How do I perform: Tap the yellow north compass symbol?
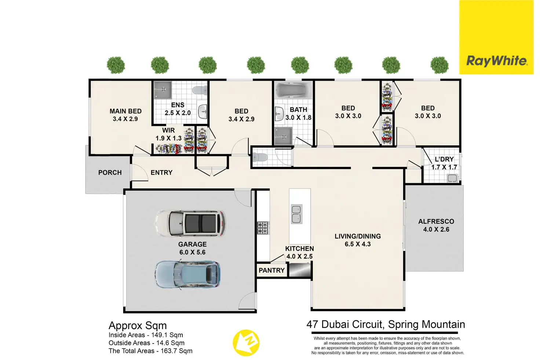click(x=246, y=343)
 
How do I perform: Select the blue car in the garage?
click(x=187, y=274)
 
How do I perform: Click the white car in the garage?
click(x=190, y=223)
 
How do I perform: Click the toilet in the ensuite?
click(x=200, y=90)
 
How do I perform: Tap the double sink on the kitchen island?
click(x=296, y=214)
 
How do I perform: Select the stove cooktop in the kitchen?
click(x=263, y=228)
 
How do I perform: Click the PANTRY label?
click(x=272, y=270)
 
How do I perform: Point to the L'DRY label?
click(x=444, y=159)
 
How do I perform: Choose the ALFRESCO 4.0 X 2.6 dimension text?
click(x=436, y=229)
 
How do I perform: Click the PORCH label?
click(x=110, y=172)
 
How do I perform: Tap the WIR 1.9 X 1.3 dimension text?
click(x=168, y=138)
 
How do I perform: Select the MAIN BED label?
click(x=125, y=111)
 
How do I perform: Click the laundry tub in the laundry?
click(x=452, y=178)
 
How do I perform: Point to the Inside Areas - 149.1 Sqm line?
click(x=146, y=335)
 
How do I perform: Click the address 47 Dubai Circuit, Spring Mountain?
click(x=386, y=324)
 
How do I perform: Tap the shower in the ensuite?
click(x=163, y=90)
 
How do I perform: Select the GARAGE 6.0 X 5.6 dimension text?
click(x=192, y=252)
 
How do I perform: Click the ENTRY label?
click(x=161, y=172)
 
